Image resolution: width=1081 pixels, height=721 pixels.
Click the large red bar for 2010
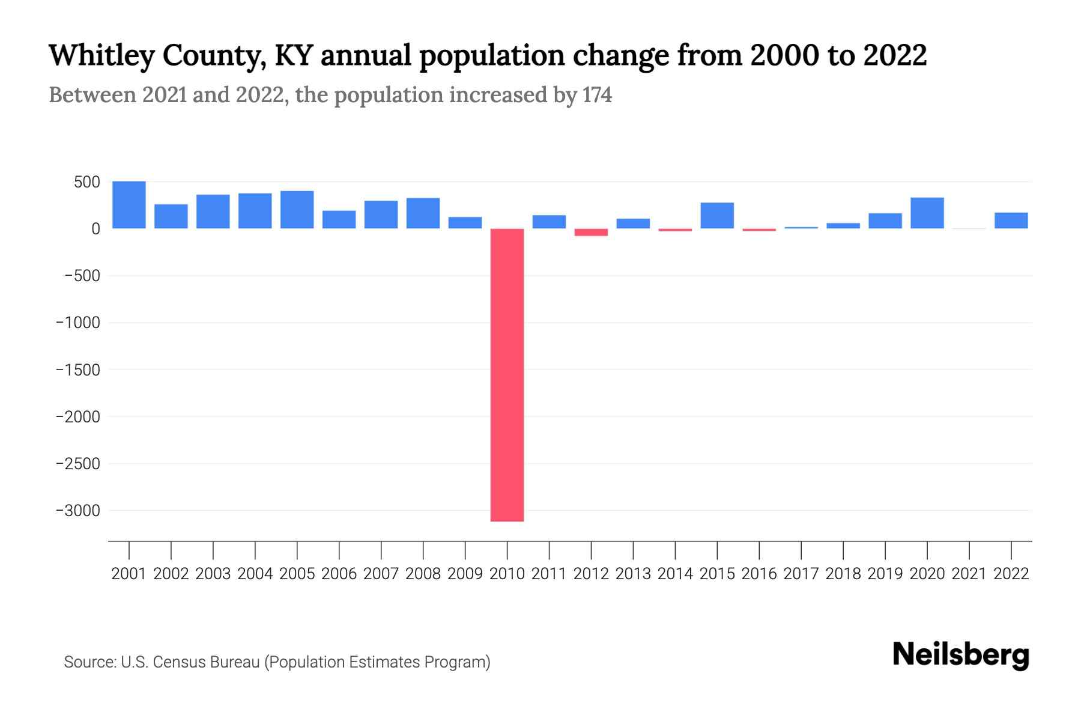[x=507, y=375]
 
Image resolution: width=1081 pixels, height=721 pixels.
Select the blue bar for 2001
[x=129, y=205]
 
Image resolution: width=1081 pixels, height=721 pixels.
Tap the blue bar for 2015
[x=717, y=216]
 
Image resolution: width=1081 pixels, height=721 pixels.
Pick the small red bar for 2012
[x=591, y=232]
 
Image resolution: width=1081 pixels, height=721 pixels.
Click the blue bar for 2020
[x=927, y=213]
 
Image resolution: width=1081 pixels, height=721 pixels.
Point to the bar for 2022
[x=1011, y=221]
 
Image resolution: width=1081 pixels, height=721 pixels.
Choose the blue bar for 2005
[x=297, y=210]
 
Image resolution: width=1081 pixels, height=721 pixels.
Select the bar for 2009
[x=465, y=223]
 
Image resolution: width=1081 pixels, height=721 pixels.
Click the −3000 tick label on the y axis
[x=77, y=511]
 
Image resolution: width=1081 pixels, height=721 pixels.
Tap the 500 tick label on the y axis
[x=86, y=182]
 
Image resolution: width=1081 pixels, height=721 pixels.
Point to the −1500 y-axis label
[x=77, y=370]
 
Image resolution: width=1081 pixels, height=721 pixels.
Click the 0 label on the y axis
[x=95, y=229]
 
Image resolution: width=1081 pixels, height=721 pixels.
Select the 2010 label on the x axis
[x=507, y=574]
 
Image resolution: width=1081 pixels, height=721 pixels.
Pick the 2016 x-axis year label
[x=759, y=574]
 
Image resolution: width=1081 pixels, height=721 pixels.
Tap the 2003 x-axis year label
[x=213, y=574]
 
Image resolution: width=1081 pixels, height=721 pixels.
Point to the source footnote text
[x=277, y=662]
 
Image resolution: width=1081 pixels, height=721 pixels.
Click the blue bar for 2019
[x=885, y=221]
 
